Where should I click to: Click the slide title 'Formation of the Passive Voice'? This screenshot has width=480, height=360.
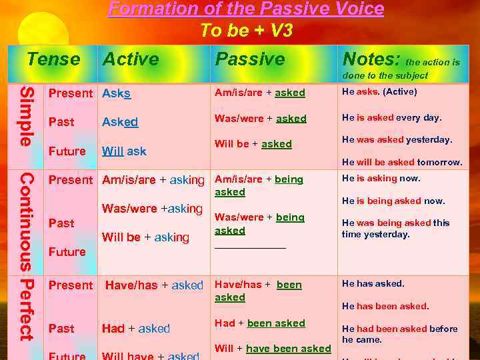coord(246,9)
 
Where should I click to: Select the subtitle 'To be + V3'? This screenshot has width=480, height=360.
coord(246,31)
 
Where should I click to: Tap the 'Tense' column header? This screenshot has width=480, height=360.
coord(53,59)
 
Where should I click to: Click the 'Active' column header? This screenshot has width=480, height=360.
coord(131,59)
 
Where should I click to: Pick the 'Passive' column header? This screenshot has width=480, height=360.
coord(250,59)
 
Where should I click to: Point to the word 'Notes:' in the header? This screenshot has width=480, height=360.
coord(371,59)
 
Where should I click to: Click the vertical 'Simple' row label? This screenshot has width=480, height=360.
coord(25,116)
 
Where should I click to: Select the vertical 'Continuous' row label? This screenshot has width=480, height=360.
coord(25,223)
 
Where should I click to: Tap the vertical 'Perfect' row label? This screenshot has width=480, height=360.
coord(25,311)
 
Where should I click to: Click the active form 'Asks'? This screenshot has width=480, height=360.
coord(117,93)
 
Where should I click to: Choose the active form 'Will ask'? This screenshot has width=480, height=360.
coord(124,151)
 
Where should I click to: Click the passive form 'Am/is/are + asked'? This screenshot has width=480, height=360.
coord(260,93)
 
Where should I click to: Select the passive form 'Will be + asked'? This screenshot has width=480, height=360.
coord(253,144)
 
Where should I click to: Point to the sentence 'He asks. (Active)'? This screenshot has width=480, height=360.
coord(379,91)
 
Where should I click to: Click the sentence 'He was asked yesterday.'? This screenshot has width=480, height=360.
coord(397,139)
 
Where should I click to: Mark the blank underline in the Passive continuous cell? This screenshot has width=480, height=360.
coord(250,247)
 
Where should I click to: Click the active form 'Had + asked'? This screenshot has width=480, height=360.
coord(136,329)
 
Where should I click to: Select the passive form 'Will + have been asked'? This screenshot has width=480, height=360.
coord(273,349)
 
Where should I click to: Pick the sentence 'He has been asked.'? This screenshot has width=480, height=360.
coord(385,306)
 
